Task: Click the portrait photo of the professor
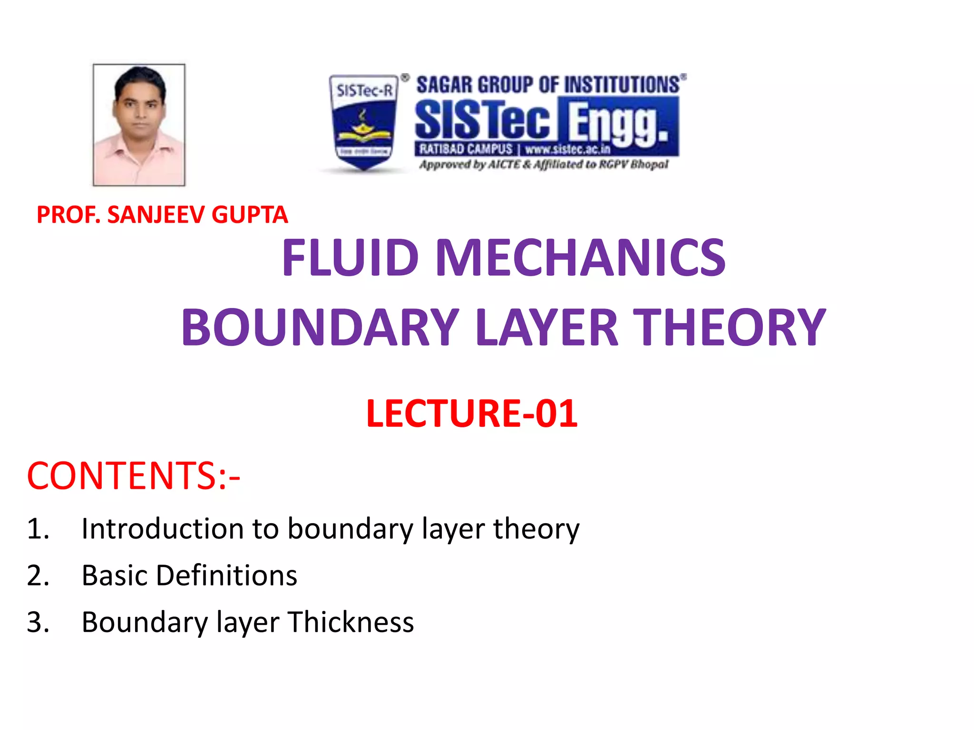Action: (139, 125)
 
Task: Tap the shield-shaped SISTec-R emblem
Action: (364, 122)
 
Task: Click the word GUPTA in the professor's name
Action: (250, 215)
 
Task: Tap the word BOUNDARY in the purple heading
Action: (320, 327)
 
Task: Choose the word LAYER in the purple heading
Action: (547, 327)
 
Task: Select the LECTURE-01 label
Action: (472, 413)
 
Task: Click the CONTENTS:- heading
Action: (134, 476)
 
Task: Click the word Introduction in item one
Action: (162, 528)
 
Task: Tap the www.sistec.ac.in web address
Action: (567, 149)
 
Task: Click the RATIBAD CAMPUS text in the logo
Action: (466, 149)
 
